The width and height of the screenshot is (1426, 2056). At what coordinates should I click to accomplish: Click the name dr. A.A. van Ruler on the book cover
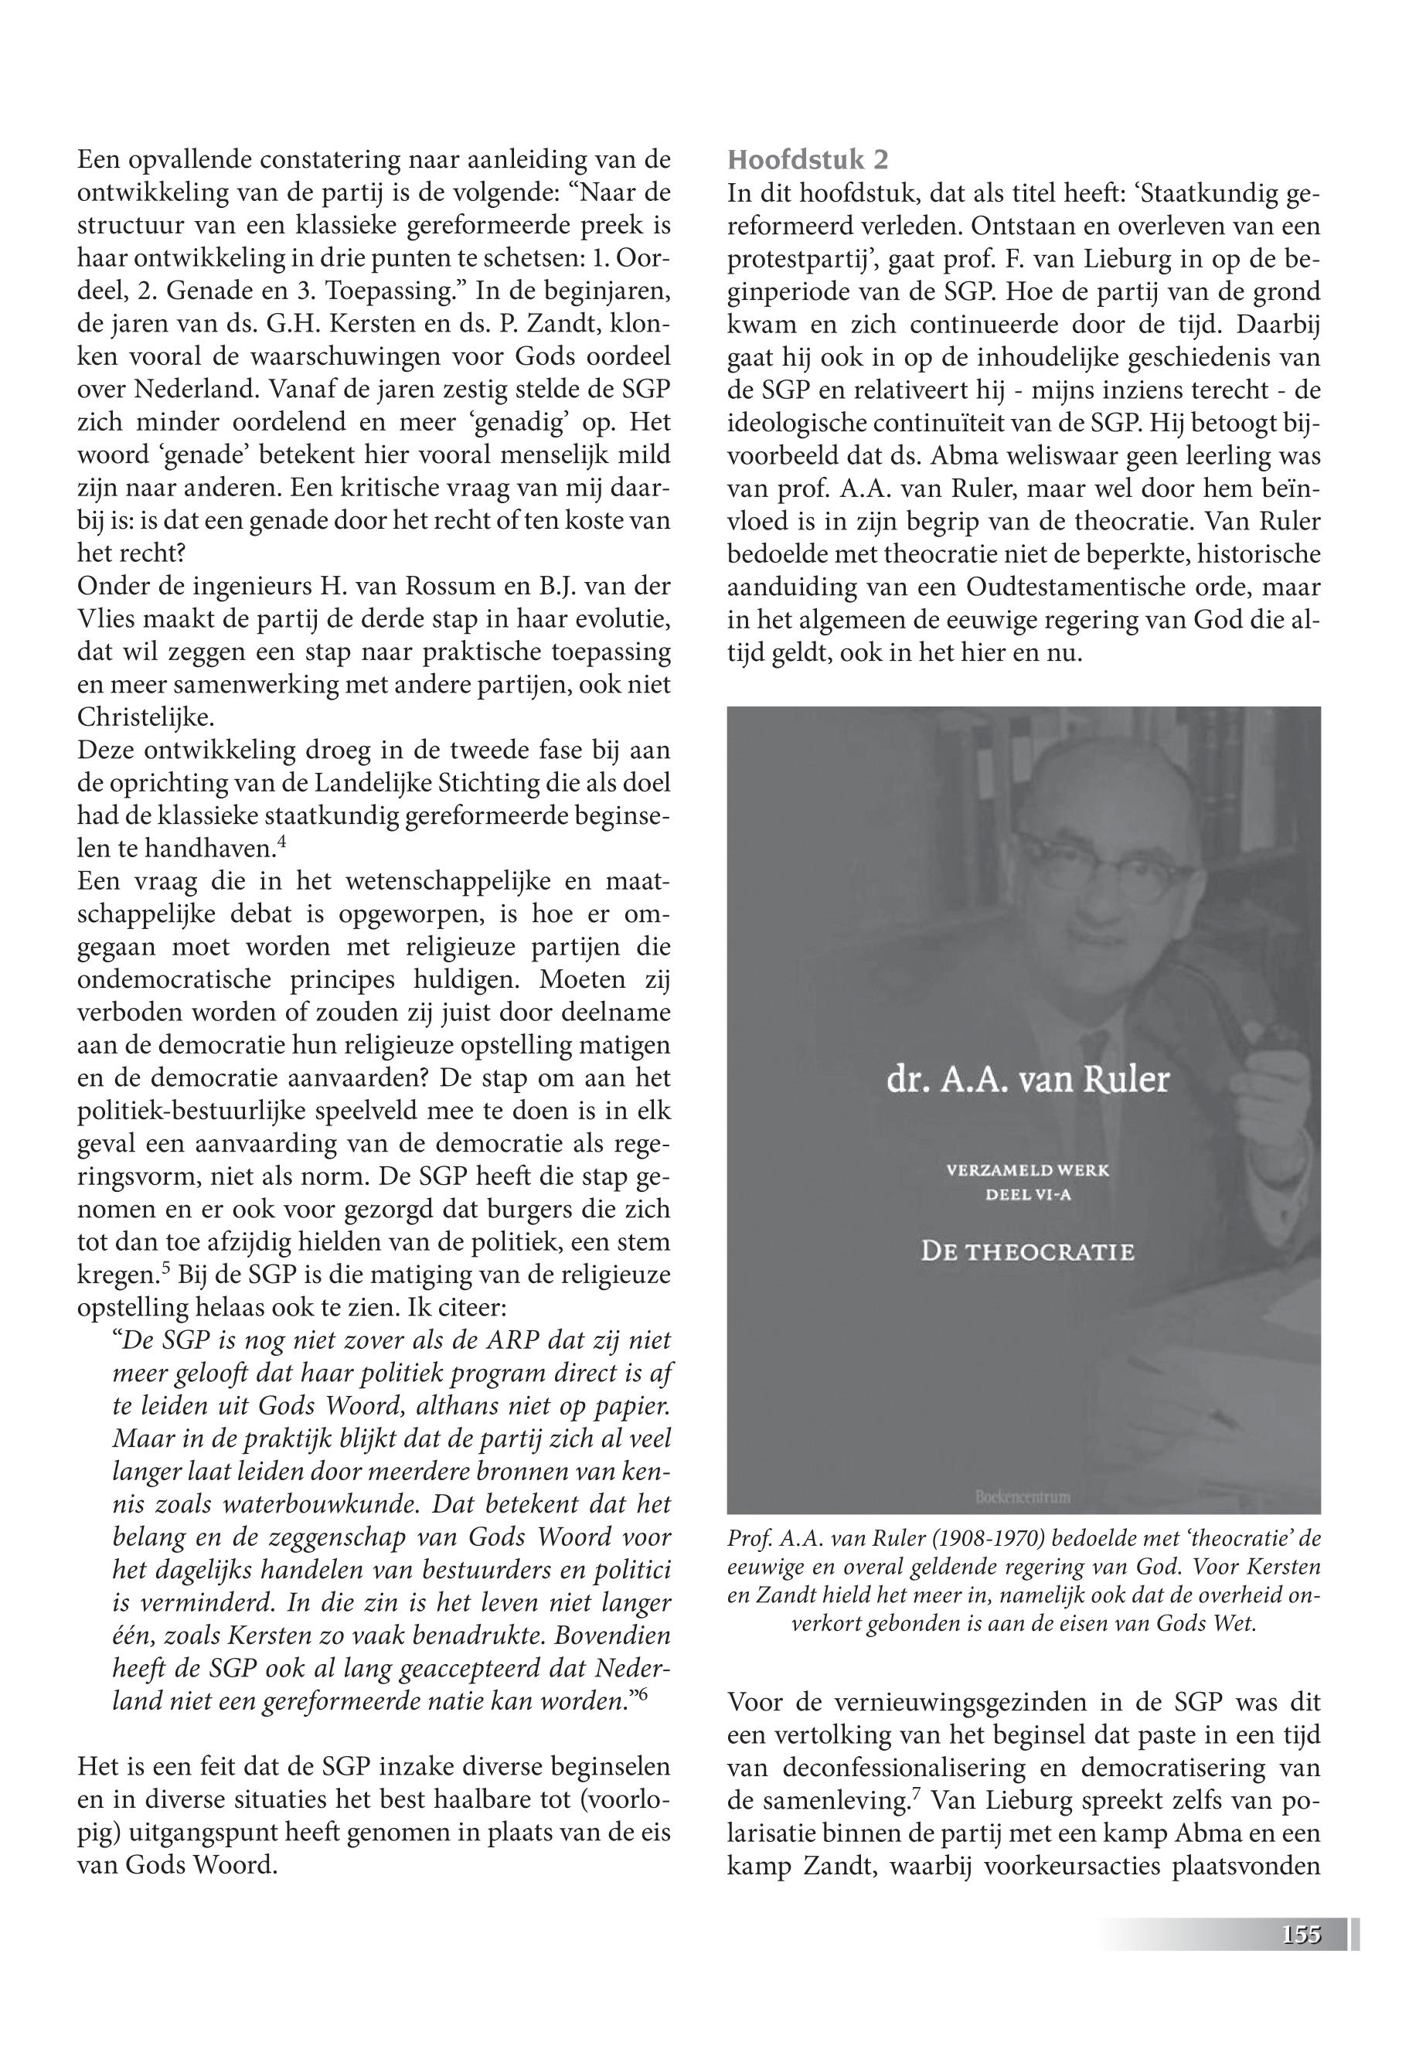(1026, 1081)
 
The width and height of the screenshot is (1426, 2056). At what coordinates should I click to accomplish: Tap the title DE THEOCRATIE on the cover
(1027, 1252)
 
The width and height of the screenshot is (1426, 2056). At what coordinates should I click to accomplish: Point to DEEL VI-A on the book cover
(1027, 1196)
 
